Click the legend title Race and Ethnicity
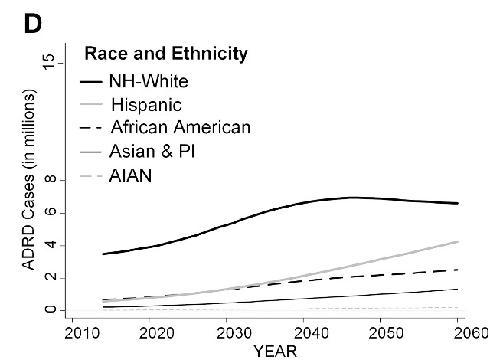click(165, 54)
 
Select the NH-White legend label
click(148, 80)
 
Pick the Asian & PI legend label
click(152, 151)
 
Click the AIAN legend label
click(131, 175)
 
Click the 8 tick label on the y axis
click(51, 180)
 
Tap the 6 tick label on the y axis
click(51, 213)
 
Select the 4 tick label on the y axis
click(51, 245)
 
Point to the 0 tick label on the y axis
click(51, 310)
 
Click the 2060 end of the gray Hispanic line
click(458, 241)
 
